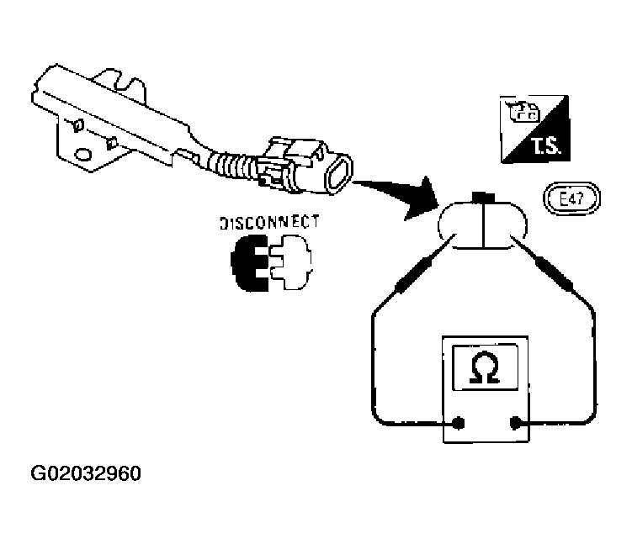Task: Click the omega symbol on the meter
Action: (x=485, y=367)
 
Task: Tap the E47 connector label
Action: (x=572, y=198)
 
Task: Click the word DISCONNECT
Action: (x=269, y=223)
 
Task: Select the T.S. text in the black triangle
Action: (x=545, y=145)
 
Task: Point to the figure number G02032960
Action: (x=86, y=473)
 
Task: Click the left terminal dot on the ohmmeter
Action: (x=459, y=423)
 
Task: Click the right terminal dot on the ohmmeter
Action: (x=516, y=423)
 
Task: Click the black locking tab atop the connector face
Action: (x=483, y=197)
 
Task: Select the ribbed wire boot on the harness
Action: (x=231, y=165)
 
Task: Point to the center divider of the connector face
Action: (x=483, y=224)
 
